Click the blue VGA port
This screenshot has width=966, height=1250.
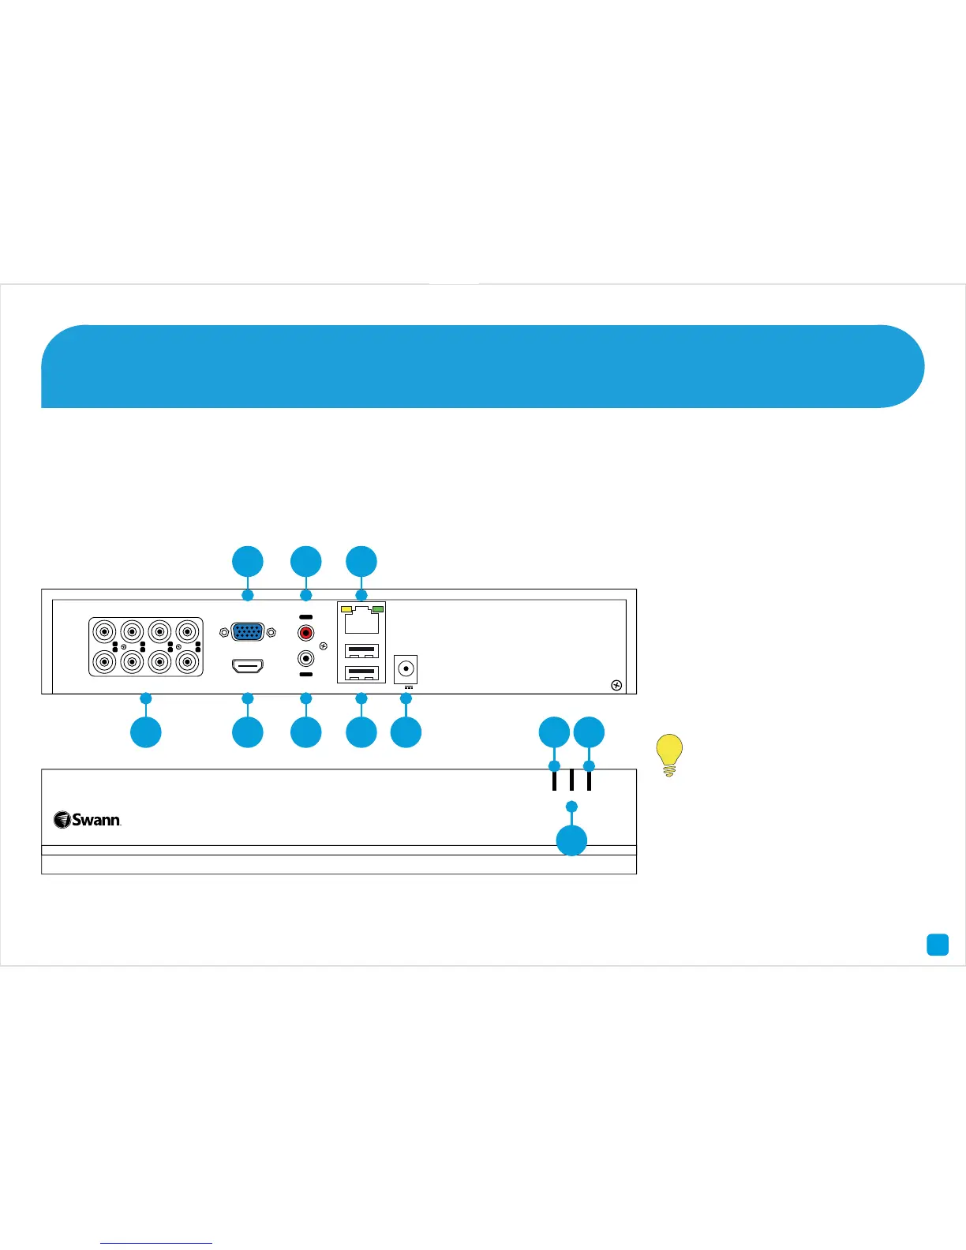(x=248, y=632)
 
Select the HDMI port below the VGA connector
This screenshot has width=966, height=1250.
(x=248, y=667)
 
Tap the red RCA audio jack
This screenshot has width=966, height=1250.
(x=305, y=632)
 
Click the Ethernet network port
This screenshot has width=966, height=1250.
(x=361, y=620)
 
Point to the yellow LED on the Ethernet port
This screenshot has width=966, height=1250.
(x=346, y=609)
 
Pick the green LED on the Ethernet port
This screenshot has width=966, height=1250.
(x=378, y=609)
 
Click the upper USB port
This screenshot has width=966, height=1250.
(x=361, y=652)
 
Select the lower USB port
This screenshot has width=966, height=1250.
(x=361, y=674)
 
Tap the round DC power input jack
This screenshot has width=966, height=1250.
(x=406, y=669)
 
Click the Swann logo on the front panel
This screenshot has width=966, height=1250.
(x=88, y=820)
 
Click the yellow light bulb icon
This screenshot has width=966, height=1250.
(x=669, y=754)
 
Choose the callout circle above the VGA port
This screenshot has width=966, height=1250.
(x=248, y=562)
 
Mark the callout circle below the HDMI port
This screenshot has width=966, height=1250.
(x=248, y=732)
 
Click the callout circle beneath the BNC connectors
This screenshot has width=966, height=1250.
(x=146, y=732)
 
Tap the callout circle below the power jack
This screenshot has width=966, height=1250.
(x=406, y=732)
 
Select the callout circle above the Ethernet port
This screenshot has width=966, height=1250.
(x=361, y=562)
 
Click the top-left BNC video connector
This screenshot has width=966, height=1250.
(x=104, y=632)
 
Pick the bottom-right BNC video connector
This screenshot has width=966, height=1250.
(x=188, y=661)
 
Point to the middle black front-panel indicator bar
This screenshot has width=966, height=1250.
(x=571, y=780)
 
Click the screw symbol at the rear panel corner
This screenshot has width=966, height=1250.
(x=617, y=685)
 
